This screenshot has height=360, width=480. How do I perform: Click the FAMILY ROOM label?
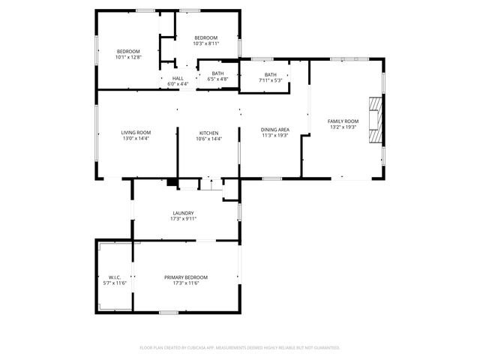343,121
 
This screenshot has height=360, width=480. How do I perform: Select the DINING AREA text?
274,130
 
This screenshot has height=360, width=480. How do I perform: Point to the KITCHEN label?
208,133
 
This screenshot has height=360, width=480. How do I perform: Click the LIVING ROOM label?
136,133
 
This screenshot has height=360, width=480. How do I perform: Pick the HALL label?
178,78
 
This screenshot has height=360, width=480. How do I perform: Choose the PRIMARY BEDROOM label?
186,277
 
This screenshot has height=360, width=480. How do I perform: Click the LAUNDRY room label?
184,213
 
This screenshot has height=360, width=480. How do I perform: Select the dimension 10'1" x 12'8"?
128,57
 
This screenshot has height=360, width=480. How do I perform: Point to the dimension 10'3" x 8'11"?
205,43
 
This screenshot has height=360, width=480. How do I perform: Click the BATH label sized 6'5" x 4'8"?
217,73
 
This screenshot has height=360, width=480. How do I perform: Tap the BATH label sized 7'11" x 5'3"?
270,74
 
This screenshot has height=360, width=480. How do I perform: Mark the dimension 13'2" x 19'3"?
343,127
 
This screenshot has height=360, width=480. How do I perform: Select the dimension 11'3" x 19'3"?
274,136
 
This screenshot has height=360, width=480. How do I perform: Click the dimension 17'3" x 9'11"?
184,219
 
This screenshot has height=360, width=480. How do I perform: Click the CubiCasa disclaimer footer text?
240,347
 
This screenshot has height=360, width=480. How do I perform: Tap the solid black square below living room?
172,181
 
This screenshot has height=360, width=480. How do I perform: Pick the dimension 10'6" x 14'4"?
208,139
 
